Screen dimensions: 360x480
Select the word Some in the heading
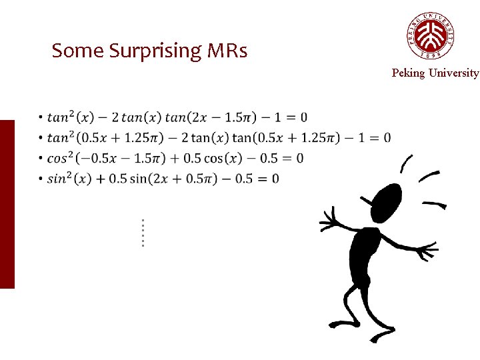tap(75, 51)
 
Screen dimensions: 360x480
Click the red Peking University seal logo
tap(431, 35)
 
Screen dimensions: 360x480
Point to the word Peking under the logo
tap(408, 73)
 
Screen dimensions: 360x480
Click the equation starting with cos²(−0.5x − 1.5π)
tap(175, 158)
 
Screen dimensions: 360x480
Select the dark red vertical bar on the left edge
tap(7, 204)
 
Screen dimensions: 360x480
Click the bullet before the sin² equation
tap(41, 179)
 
